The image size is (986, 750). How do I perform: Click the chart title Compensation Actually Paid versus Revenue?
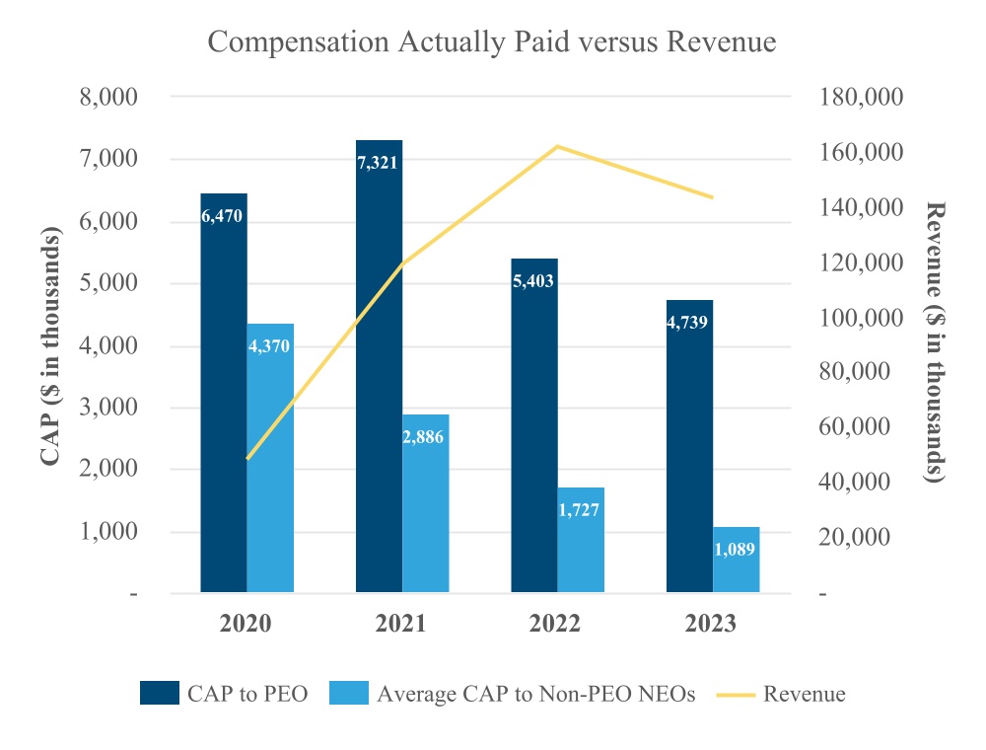pyautogui.click(x=492, y=43)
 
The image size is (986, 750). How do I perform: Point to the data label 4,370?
pyautogui.click(x=270, y=346)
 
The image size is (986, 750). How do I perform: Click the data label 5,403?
pyautogui.click(x=533, y=281)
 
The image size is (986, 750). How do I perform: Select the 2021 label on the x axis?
pyautogui.click(x=401, y=624)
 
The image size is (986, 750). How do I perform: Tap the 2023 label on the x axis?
pyautogui.click(x=712, y=624)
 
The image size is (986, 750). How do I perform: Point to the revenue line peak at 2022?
pyautogui.click(x=557, y=146)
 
